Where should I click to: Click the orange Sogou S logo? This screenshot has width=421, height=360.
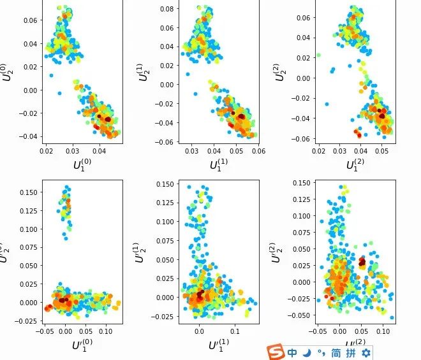point(275,352)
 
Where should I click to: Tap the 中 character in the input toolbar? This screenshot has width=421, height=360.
point(292,352)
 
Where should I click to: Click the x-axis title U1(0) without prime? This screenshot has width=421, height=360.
point(81,164)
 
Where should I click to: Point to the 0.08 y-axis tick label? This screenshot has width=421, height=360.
point(166,9)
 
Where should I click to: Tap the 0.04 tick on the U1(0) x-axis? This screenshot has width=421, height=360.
point(99,151)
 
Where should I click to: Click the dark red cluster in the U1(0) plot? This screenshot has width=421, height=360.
point(107,119)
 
